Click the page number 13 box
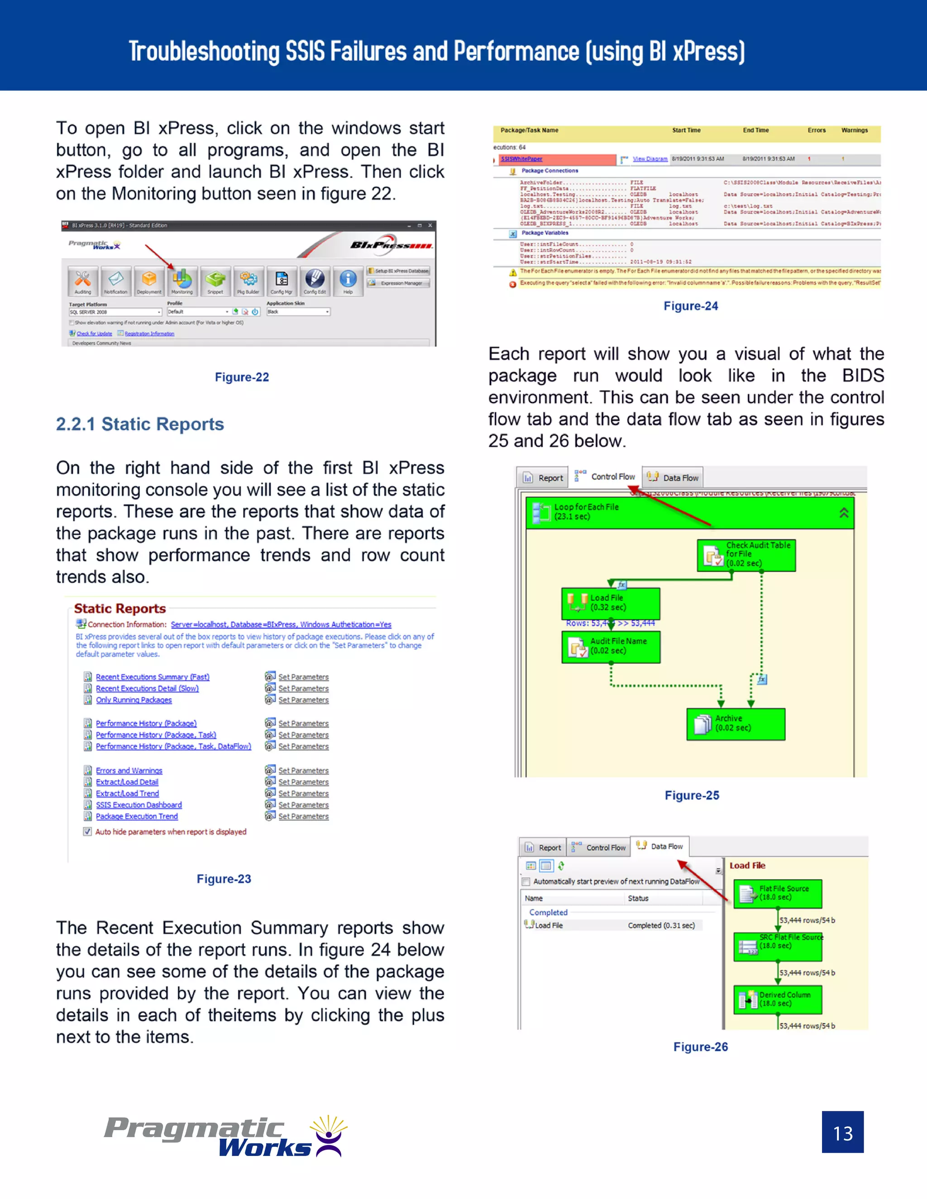tap(842, 1132)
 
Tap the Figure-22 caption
tap(242, 377)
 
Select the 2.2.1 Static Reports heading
tap(140, 424)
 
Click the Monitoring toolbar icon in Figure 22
tap(182, 281)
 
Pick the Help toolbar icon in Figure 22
tap(348, 281)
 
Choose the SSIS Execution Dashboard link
tap(139, 805)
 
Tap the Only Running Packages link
tap(134, 700)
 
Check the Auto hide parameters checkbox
tap(88, 831)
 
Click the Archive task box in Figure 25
tap(736, 723)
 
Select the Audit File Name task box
tap(611, 646)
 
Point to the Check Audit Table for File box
tap(746, 555)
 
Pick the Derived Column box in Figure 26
tap(777, 999)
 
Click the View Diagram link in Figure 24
tap(650, 159)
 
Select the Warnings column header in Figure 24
tap(854, 131)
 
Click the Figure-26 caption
tap(700, 1047)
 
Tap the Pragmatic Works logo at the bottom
tap(225, 1137)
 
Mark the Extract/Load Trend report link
tap(127, 793)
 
